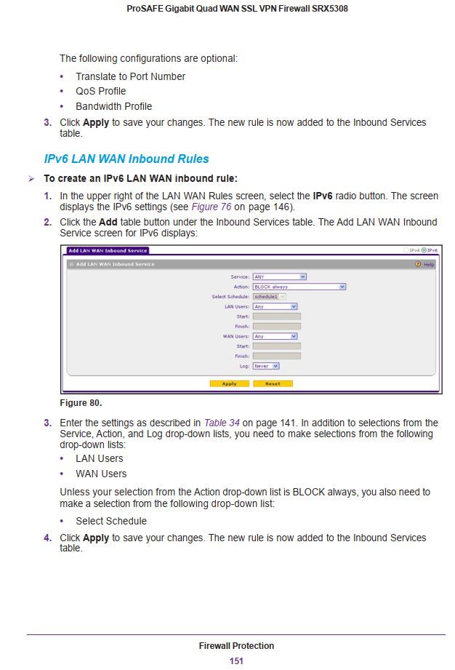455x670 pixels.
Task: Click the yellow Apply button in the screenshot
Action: (x=229, y=383)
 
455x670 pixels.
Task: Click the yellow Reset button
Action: (x=273, y=383)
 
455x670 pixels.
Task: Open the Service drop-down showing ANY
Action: (x=279, y=276)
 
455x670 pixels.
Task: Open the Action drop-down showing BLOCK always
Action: (x=299, y=287)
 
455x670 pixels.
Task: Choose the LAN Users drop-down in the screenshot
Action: (x=275, y=306)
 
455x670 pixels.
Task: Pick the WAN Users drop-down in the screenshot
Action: (x=275, y=336)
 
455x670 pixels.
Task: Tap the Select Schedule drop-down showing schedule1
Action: (x=269, y=297)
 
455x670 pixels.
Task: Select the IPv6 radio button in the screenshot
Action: (x=424, y=250)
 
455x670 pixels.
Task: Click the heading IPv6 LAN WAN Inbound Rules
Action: (x=126, y=159)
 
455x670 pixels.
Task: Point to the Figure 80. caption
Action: (x=80, y=403)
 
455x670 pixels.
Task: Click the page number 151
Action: (x=236, y=661)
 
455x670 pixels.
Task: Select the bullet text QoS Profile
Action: (x=100, y=91)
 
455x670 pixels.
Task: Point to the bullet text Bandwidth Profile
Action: (x=113, y=106)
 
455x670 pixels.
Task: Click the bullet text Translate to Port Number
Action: (x=130, y=76)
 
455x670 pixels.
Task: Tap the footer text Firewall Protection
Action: (x=236, y=645)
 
